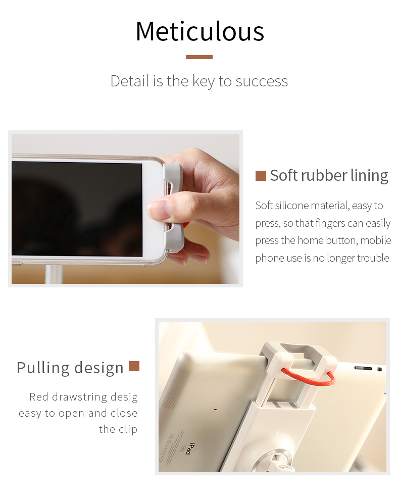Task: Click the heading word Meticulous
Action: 199,31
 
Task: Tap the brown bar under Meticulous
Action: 199,57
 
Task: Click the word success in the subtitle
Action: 262,81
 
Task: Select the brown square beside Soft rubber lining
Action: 261,176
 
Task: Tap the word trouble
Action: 373,258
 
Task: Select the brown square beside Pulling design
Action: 134,366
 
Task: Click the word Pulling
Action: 43,368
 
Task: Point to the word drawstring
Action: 79,397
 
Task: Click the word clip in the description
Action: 128,429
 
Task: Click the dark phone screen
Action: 77,209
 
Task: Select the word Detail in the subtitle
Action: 130,81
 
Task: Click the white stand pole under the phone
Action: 54,274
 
